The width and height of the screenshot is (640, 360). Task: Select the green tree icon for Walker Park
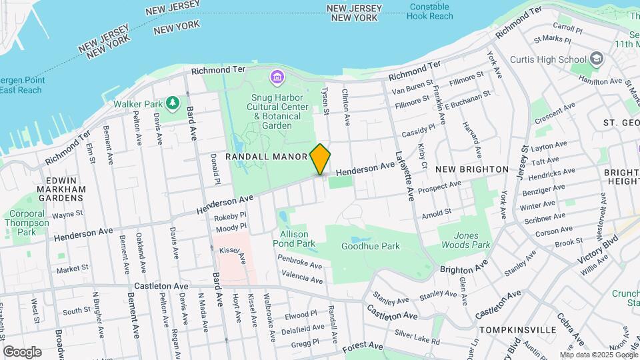(x=173, y=103)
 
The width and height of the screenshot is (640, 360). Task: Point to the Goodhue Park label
(x=370, y=246)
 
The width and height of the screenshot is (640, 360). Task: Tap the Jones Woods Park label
(x=472, y=240)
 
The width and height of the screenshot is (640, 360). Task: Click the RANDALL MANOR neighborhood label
(x=267, y=157)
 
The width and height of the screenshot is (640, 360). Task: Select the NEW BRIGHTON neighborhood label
(x=471, y=169)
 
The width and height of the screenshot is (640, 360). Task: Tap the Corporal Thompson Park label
(x=27, y=223)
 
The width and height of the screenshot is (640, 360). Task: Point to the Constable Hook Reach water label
(x=431, y=11)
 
